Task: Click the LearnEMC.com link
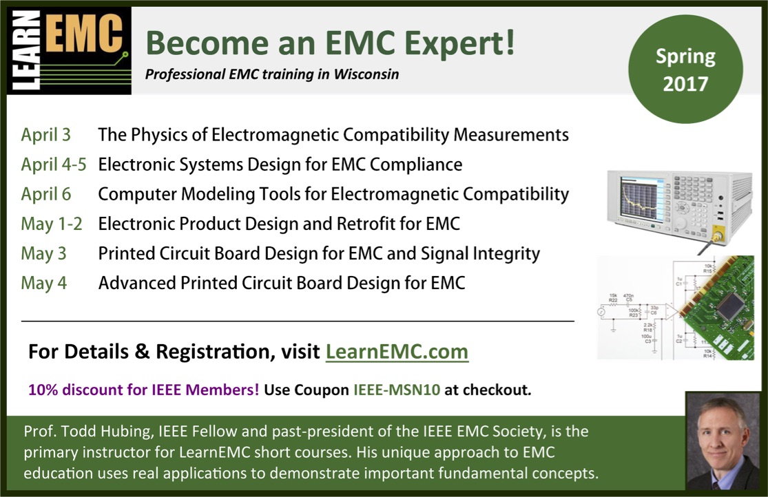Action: [397, 352]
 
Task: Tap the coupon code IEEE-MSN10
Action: [397, 390]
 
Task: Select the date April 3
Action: [45, 135]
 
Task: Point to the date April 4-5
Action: [54, 165]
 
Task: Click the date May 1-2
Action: [52, 224]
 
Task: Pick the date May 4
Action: [43, 283]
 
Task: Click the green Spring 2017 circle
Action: [685, 69]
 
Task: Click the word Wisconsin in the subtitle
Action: [366, 74]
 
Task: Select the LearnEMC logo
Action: [69, 50]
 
